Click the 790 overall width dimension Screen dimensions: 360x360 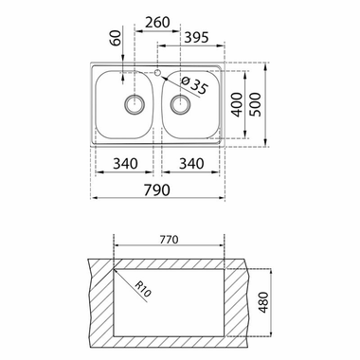tap(156, 189)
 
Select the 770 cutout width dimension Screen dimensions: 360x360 tap(169, 242)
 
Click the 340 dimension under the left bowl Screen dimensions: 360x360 tap(124, 164)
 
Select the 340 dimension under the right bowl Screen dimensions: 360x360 tap(191, 164)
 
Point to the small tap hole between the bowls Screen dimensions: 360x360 tap(157, 71)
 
